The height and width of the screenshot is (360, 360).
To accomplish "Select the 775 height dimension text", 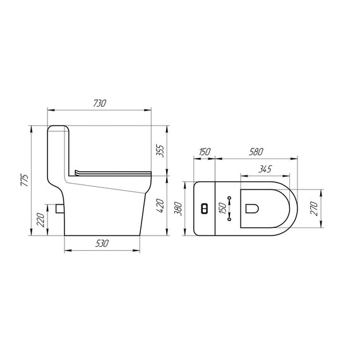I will (x=23, y=180).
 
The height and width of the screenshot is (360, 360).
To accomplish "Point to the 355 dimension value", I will (x=160, y=151).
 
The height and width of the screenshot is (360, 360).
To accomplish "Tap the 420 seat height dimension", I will (x=160, y=205).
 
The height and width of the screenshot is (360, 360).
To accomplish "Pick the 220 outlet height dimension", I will (x=41, y=220).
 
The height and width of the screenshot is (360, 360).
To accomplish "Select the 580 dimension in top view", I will (x=256, y=152).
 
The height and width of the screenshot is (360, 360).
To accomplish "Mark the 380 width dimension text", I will (x=179, y=208).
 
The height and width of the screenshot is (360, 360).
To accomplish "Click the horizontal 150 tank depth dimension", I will (x=204, y=152).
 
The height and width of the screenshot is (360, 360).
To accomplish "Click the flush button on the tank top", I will (x=203, y=208).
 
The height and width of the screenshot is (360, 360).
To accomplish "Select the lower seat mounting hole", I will (x=230, y=219).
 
